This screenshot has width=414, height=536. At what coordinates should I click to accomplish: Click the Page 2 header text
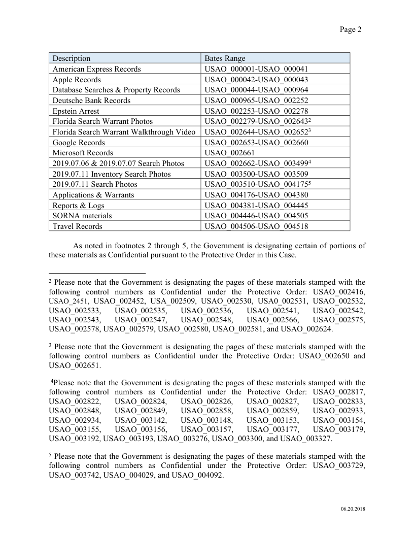point(351,29)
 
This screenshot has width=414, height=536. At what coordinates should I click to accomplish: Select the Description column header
point(72,58)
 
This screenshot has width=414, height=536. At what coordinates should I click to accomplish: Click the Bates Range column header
point(225,58)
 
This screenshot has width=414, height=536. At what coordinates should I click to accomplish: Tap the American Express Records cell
point(97,69)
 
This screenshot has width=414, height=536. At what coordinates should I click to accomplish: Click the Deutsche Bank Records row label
point(91,100)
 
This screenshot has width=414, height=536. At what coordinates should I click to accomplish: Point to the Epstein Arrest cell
point(76,111)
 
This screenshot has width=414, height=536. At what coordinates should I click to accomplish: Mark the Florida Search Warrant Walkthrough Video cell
point(124,132)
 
